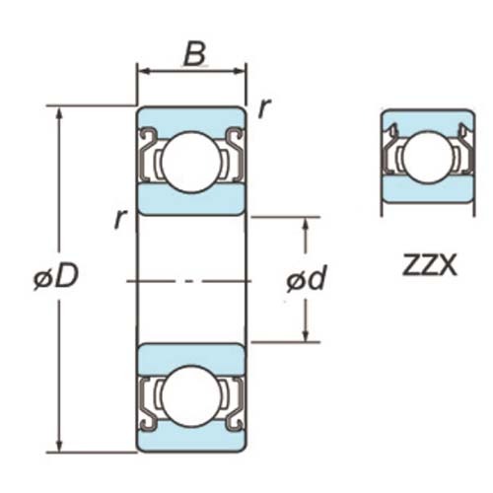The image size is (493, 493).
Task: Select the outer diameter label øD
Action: click(x=55, y=278)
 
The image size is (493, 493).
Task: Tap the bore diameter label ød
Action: click(x=307, y=280)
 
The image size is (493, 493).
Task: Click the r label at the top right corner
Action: click(x=263, y=108)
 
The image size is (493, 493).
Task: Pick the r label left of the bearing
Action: click(x=118, y=218)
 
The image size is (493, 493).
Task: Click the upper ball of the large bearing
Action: click(x=191, y=160)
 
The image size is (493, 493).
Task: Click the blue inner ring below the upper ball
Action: click(x=191, y=202)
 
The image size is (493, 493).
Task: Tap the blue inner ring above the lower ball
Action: click(x=191, y=357)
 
